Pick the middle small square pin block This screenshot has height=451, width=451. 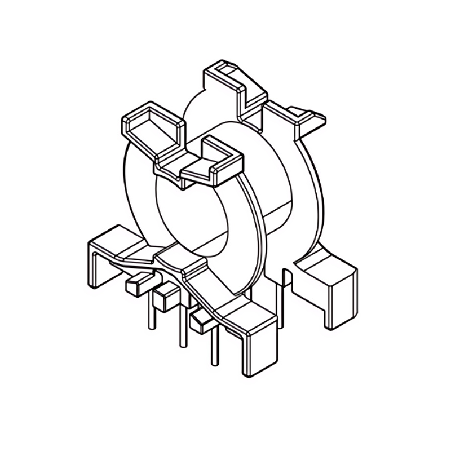click(164, 298)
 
